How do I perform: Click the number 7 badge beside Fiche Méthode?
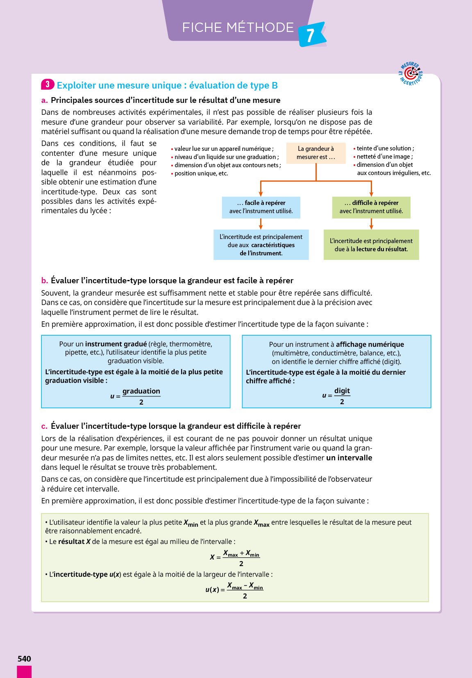tap(311, 35)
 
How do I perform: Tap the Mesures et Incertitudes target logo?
tap(411, 74)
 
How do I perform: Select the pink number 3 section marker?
tap(48, 84)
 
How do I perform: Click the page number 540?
tap(24, 658)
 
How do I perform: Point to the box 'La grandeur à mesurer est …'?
tap(315, 153)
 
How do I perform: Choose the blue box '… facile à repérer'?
tap(261, 207)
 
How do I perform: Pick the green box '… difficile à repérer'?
tap(371, 207)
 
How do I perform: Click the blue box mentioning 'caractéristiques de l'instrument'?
tap(261, 245)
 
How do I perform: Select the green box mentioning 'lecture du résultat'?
tap(371, 245)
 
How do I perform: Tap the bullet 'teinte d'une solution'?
tap(385, 148)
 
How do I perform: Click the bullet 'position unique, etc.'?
tap(201, 173)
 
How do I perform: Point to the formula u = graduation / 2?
tap(136, 396)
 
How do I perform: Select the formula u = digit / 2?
tap(336, 396)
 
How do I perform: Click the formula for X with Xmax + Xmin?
tap(235, 557)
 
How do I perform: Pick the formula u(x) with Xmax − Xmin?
tap(234, 590)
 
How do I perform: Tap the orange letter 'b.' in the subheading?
tap(45, 281)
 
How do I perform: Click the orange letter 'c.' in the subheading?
tap(44, 426)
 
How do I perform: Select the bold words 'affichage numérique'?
tap(370, 344)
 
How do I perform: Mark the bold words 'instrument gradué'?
tap(116, 344)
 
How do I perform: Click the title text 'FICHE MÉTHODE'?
tap(238, 27)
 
